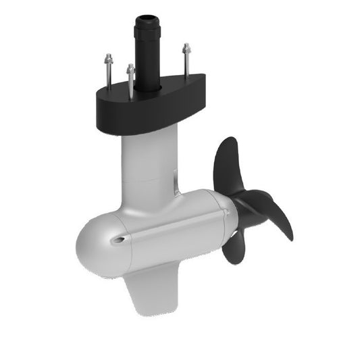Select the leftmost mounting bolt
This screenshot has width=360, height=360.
pyautogui.click(x=108, y=72)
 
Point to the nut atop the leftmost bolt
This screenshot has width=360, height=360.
pyautogui.click(x=108, y=58)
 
